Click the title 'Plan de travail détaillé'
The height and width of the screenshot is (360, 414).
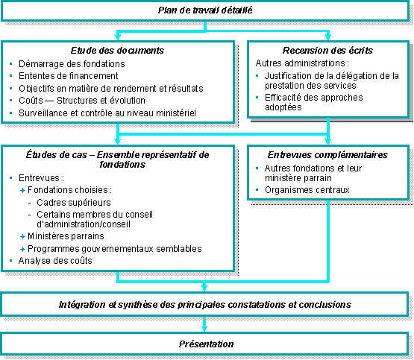(x=206, y=10)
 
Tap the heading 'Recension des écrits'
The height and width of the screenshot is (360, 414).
(x=329, y=51)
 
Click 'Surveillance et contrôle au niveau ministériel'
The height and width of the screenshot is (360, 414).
(x=102, y=113)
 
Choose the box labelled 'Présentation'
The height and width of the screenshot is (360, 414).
(x=206, y=344)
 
